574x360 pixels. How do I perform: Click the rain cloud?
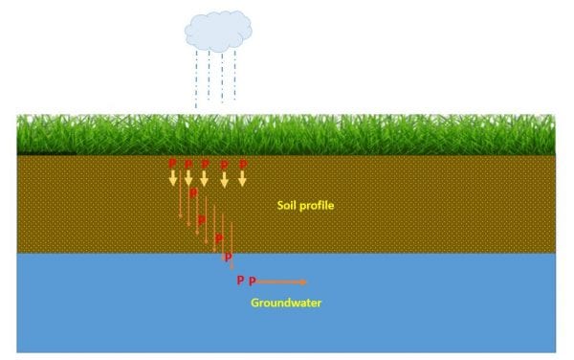[217, 31]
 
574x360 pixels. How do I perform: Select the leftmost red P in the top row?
[172, 164]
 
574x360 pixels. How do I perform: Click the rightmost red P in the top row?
[243, 164]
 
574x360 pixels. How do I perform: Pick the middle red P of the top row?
[206, 164]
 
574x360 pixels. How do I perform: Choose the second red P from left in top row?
[188, 164]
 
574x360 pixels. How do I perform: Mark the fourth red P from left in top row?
[225, 165]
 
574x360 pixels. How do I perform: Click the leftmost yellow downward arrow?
[173, 177]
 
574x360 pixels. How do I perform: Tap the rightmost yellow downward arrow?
[243, 177]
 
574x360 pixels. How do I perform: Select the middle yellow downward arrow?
[204, 177]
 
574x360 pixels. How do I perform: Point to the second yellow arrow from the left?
[188, 177]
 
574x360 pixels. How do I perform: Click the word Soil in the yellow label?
[287, 206]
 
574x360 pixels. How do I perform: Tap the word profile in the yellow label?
[316, 206]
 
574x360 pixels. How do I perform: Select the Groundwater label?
[286, 304]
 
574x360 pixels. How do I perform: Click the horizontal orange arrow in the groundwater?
[282, 281]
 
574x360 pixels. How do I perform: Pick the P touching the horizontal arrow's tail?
[253, 281]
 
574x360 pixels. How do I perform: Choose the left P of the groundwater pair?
[240, 281]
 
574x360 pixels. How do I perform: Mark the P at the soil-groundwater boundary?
[228, 257]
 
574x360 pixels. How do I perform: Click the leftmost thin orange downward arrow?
[180, 201]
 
